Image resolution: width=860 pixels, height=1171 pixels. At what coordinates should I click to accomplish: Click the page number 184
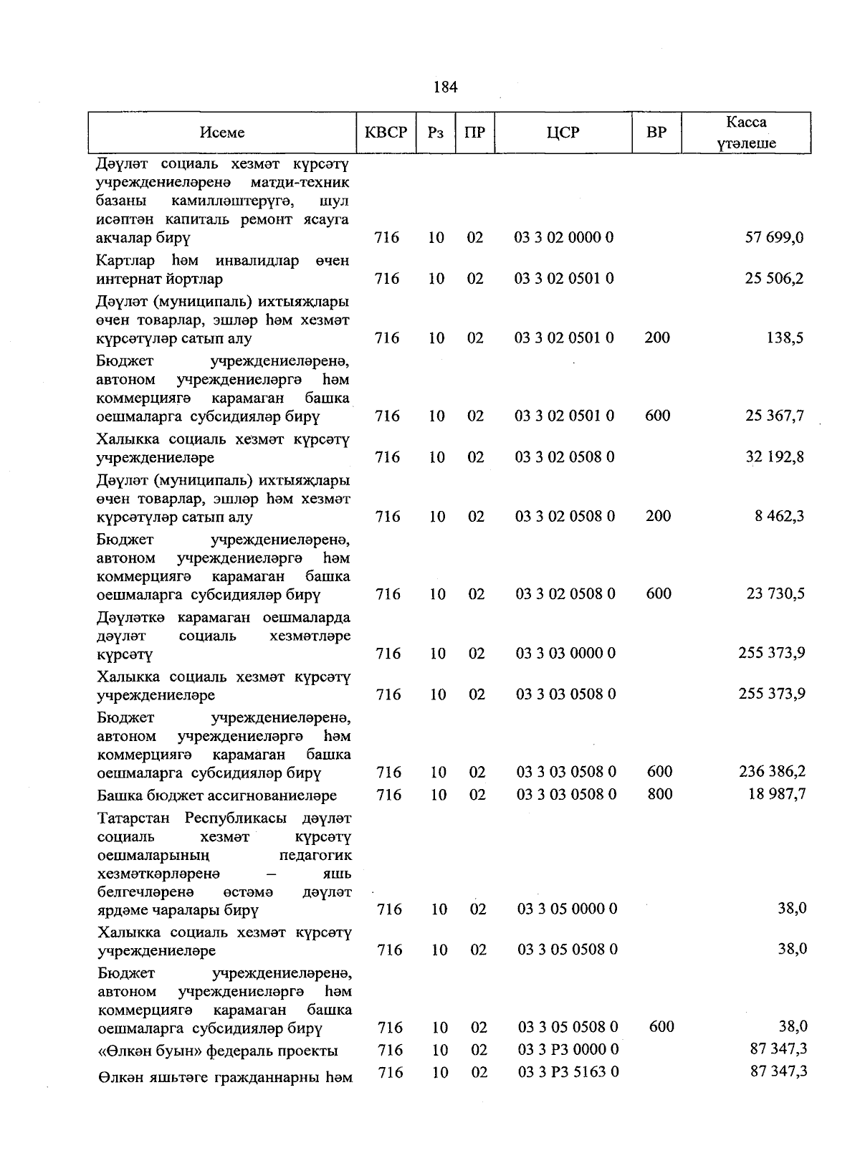coord(445,87)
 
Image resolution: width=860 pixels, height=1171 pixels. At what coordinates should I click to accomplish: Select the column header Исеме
coord(222,133)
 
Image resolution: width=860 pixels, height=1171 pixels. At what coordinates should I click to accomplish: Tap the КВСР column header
coord(386,133)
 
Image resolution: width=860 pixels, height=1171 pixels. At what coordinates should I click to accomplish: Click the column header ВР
coord(656,133)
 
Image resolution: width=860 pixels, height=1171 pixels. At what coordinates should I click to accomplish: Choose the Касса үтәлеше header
coord(746,133)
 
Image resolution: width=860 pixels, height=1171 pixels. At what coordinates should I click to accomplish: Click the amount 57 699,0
coord(774,237)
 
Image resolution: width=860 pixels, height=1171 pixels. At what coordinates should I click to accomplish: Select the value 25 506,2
coord(774,278)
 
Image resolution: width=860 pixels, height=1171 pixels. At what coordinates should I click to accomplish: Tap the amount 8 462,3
coord(779,516)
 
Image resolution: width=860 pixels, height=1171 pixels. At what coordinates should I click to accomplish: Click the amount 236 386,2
coord(772,772)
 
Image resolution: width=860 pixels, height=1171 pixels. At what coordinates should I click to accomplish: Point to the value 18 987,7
coord(777,794)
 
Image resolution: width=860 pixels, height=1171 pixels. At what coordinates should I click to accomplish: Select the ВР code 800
coord(659,794)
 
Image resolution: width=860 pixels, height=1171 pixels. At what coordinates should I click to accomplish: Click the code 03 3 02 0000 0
coord(564,237)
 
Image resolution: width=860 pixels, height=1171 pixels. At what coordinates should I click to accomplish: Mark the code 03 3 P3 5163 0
coord(568,1072)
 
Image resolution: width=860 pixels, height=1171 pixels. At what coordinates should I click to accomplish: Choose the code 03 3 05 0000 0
coord(567,909)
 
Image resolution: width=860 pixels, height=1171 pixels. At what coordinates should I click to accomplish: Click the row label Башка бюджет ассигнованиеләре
coord(217,795)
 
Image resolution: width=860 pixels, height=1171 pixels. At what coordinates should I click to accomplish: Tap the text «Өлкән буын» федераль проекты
coord(218,1051)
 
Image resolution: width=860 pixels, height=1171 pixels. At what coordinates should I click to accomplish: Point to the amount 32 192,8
coord(774,457)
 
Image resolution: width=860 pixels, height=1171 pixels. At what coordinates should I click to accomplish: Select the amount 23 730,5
coord(775,593)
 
